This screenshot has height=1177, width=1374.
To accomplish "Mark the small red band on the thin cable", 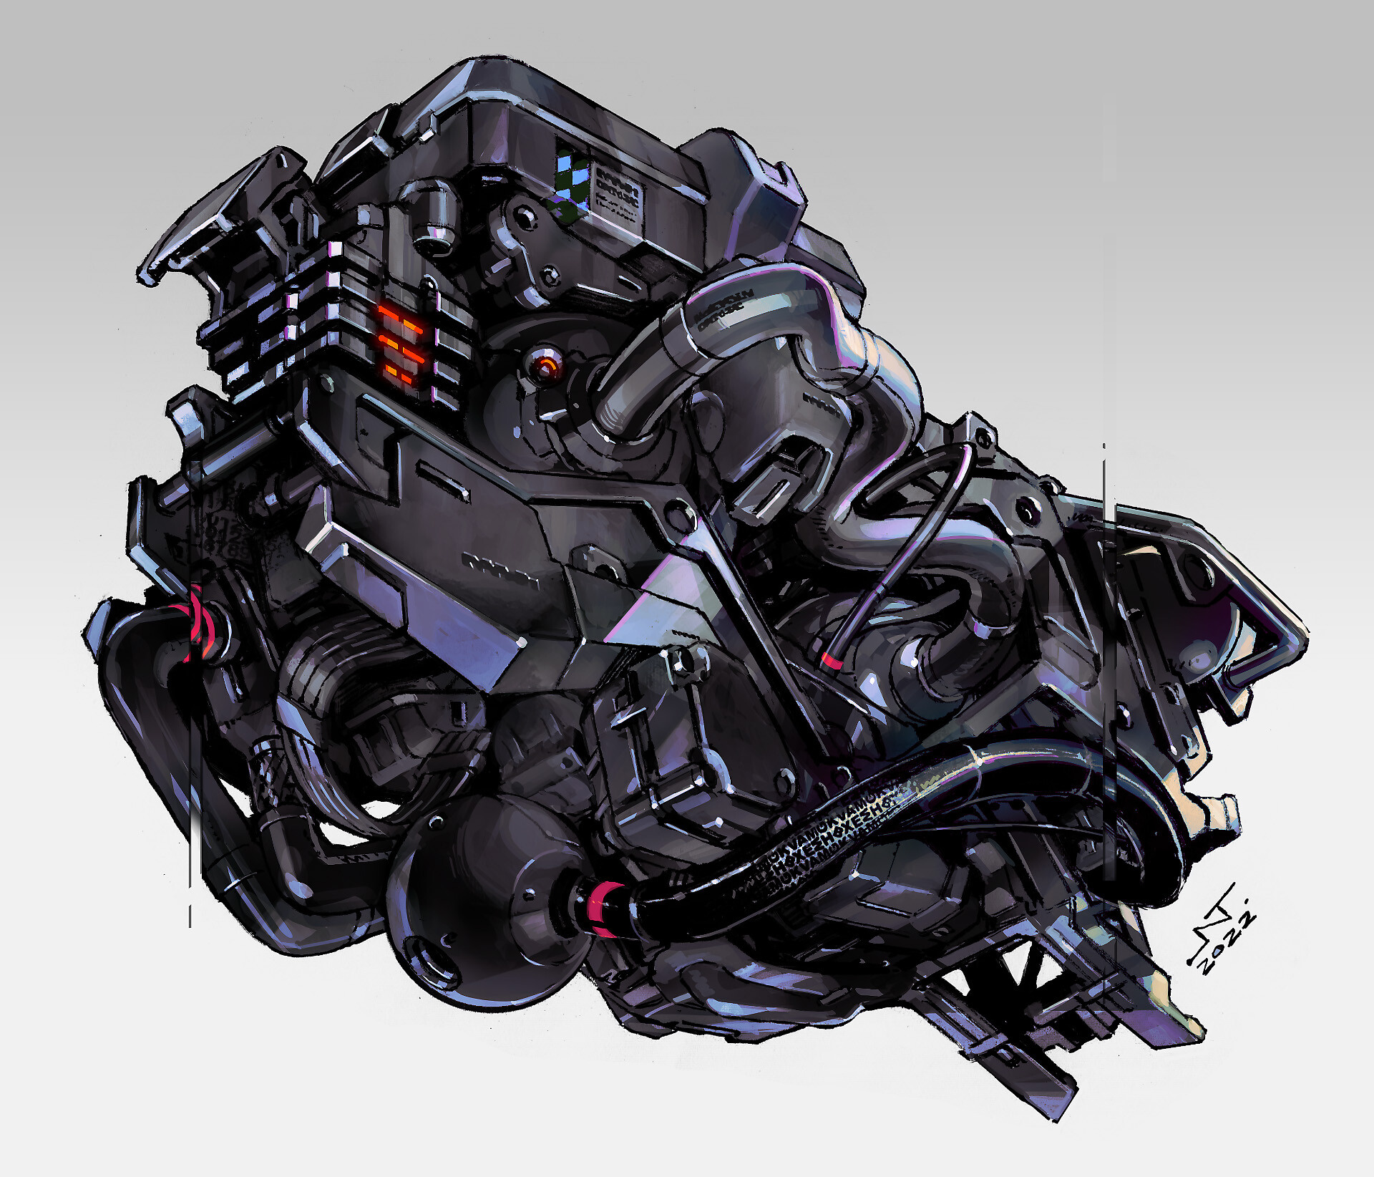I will (x=832, y=659).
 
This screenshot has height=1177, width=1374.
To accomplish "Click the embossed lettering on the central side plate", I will (x=501, y=566).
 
